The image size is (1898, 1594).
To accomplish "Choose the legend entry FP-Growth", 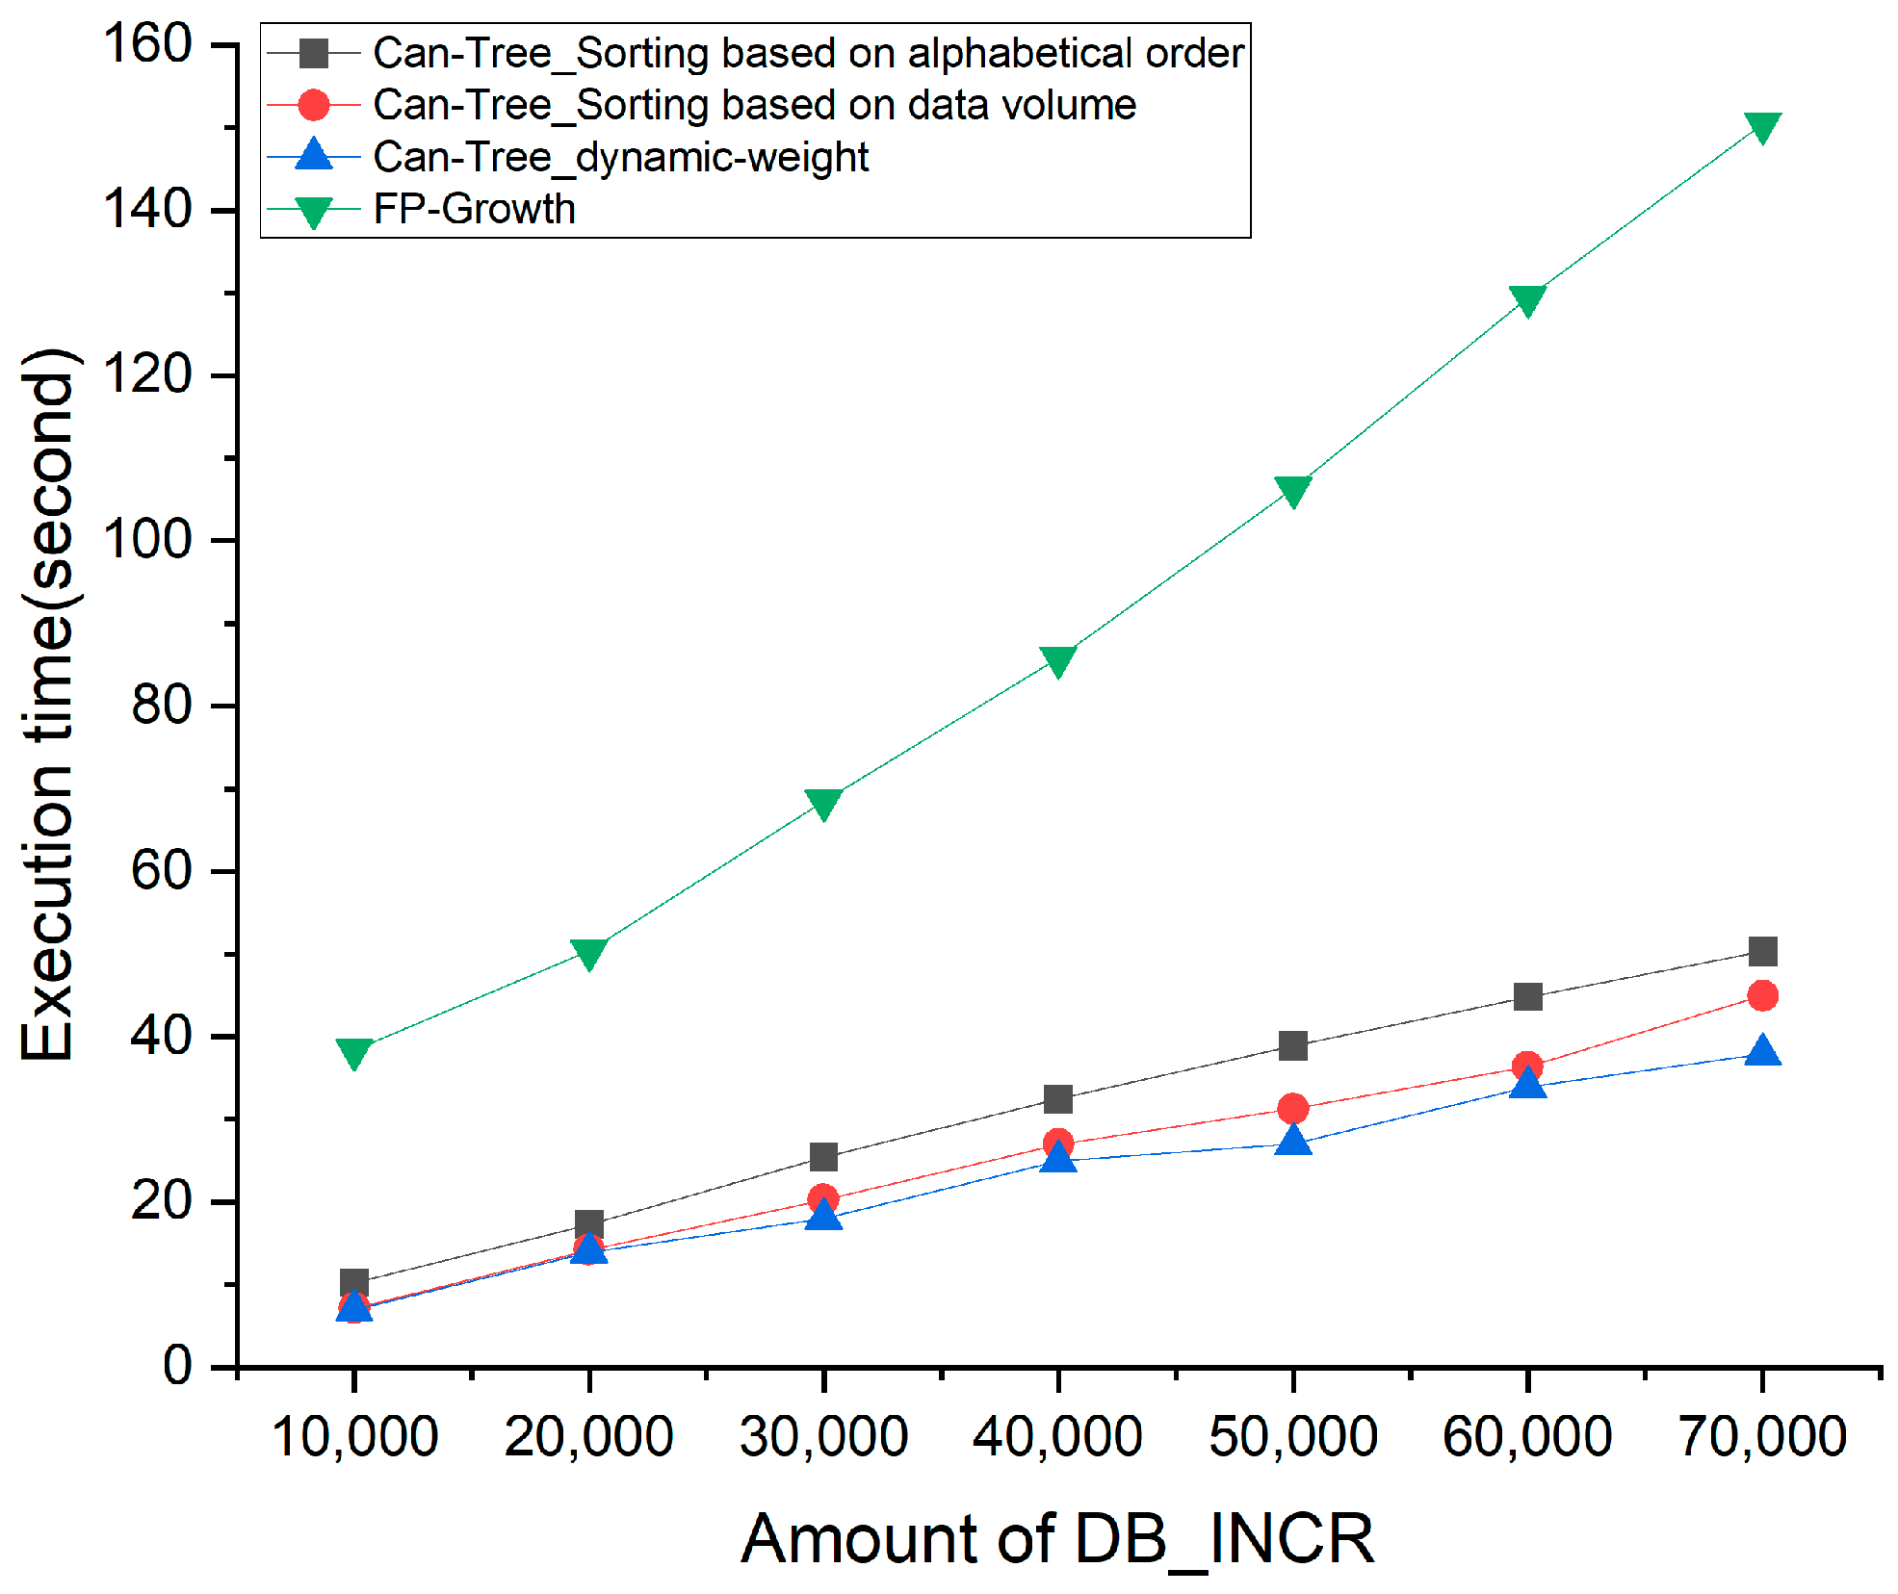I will (x=474, y=209).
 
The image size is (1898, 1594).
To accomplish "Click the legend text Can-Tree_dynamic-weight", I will (x=620, y=157).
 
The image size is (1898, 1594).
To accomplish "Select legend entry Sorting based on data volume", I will (x=754, y=105).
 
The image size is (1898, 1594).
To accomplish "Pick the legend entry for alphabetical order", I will (x=808, y=53).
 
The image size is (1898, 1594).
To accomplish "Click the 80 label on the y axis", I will (x=162, y=706).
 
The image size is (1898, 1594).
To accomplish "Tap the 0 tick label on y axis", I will (x=177, y=1365).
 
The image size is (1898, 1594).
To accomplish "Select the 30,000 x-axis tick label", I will (x=823, y=1437).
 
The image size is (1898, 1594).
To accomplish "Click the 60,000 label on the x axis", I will (x=1526, y=1437).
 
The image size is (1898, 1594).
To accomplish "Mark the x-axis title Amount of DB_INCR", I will (x=1057, y=1538).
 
